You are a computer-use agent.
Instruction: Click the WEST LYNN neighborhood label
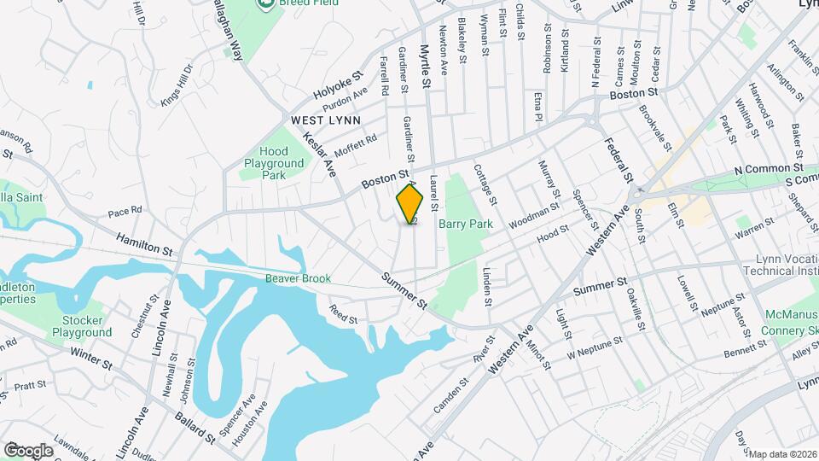pyautogui.click(x=326, y=120)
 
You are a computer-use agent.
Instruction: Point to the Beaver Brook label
pyautogui.click(x=297, y=277)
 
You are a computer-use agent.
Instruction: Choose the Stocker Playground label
pyautogui.click(x=76, y=325)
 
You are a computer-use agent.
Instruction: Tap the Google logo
pyautogui.click(x=28, y=450)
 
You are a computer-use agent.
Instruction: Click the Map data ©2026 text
pyautogui.click(x=782, y=453)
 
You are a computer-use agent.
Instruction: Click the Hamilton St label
pyautogui.click(x=145, y=245)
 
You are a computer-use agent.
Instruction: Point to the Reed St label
pyautogui.click(x=343, y=313)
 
